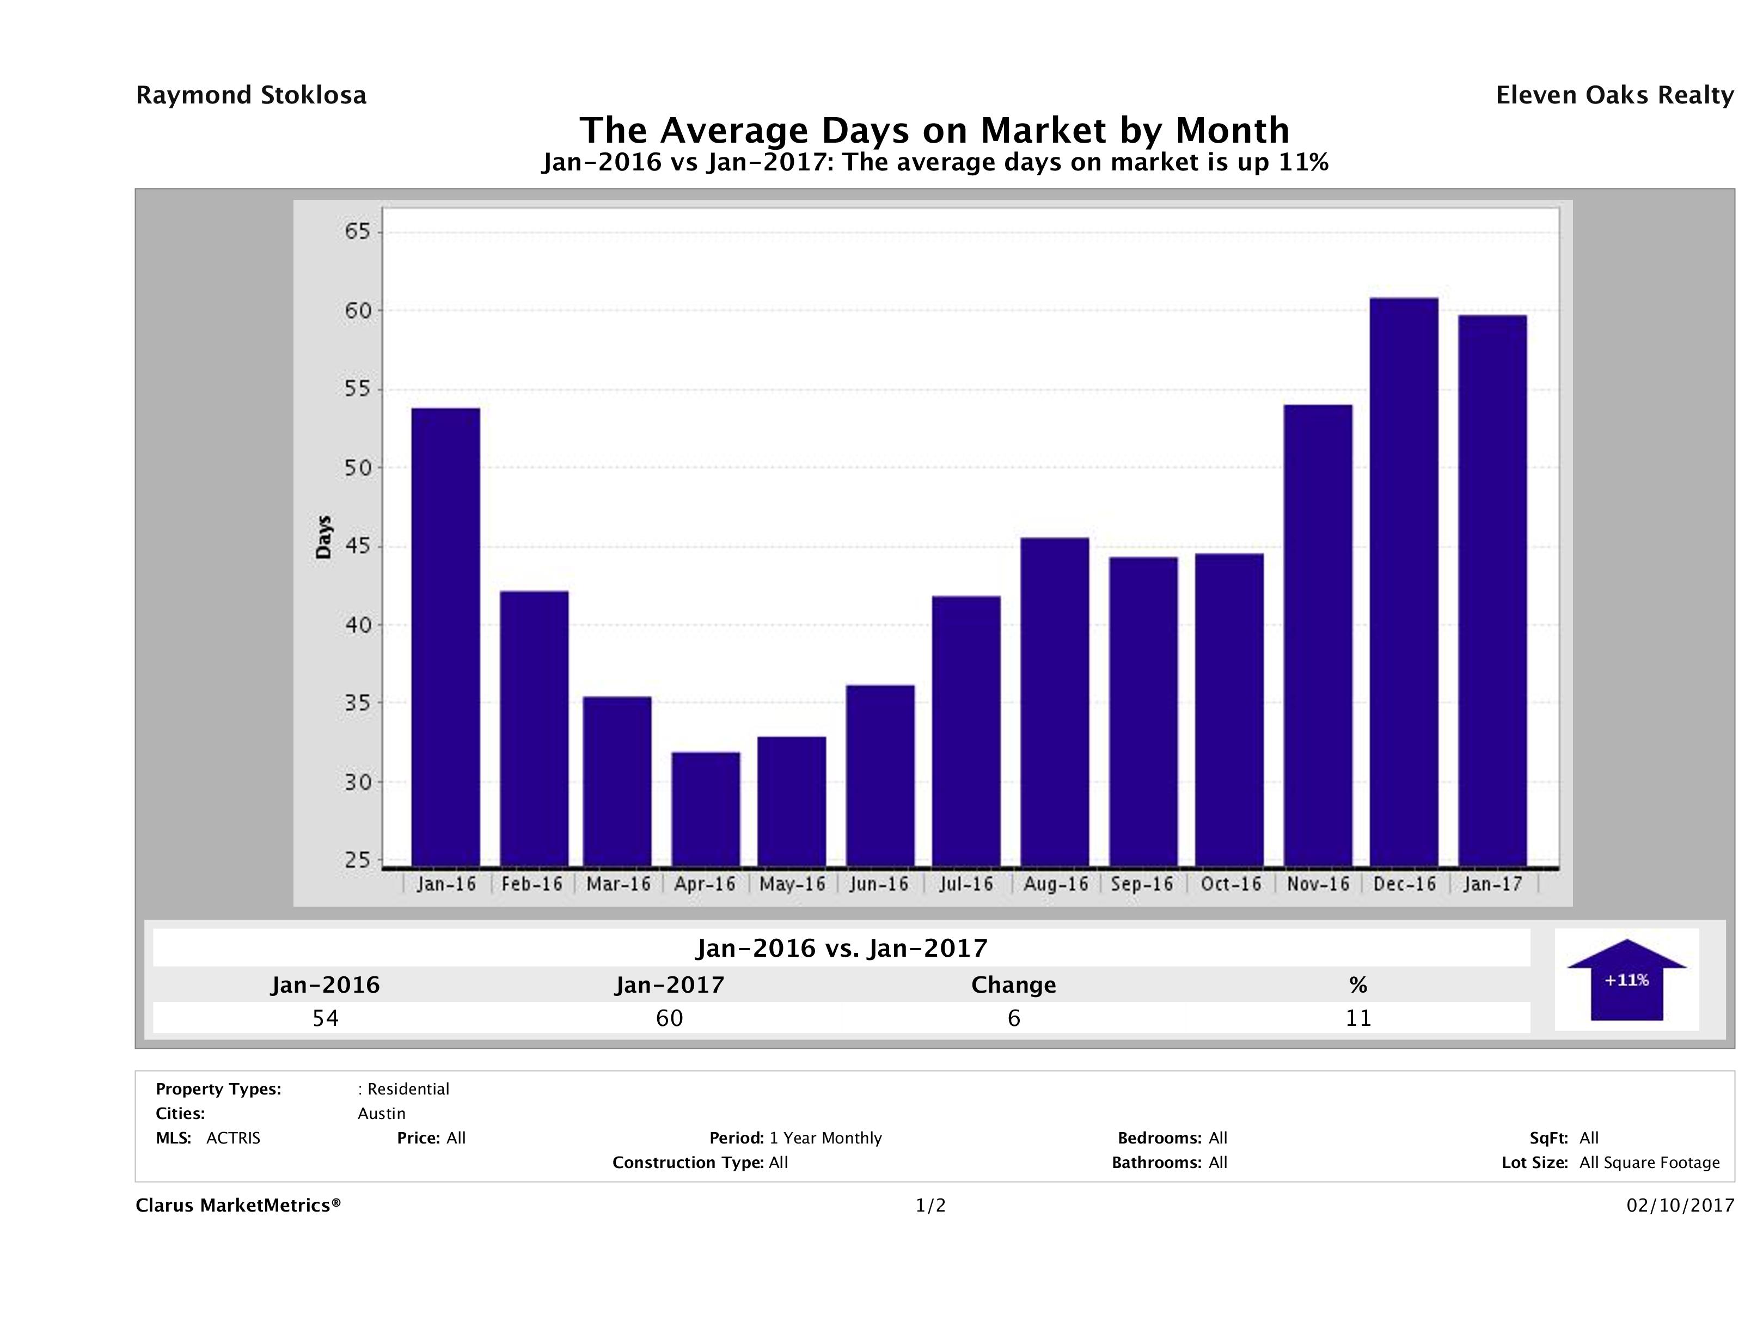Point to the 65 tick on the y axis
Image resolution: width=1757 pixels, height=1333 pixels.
coord(357,232)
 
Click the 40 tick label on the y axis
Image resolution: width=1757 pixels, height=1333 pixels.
coord(357,625)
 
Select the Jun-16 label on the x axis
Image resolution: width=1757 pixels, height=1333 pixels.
coord(879,884)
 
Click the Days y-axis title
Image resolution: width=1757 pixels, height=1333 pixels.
coord(323,537)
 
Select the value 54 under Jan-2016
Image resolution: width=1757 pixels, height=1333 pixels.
coord(326,1018)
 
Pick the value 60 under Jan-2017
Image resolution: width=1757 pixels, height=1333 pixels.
coord(670,1018)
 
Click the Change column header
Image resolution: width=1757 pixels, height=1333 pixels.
coord(1014,985)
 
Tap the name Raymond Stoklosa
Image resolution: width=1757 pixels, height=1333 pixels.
coord(251,95)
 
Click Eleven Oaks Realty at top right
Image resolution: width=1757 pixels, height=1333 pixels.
coord(1614,95)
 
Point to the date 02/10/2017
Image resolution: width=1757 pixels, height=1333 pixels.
coord(1680,1206)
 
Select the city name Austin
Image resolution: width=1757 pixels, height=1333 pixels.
coord(381,1114)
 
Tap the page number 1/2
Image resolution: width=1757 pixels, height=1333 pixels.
coord(930,1206)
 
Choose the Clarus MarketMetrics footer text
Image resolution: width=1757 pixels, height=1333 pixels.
coord(238,1206)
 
